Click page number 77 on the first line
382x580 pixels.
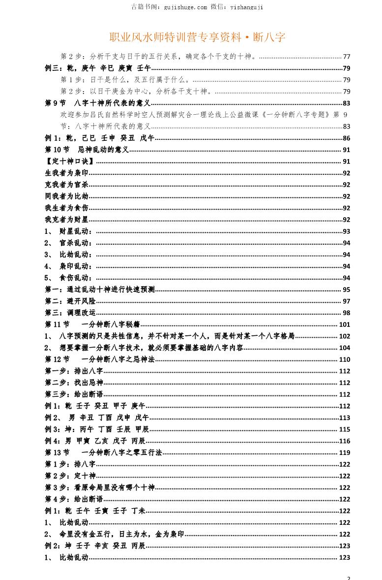point(346,56)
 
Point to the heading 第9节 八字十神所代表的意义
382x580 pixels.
point(97,103)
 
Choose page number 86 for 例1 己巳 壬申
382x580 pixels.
point(346,138)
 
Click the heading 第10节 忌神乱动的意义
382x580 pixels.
point(87,150)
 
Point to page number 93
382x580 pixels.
point(346,231)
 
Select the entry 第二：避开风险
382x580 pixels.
point(70,301)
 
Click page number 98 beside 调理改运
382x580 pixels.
point(346,313)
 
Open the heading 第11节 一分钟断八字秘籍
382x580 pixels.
point(92,324)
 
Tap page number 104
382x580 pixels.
point(345,348)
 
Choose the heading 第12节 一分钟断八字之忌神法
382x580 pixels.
point(100,359)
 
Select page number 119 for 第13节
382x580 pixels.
point(345,452)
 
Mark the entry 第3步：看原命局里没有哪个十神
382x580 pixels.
point(100,487)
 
